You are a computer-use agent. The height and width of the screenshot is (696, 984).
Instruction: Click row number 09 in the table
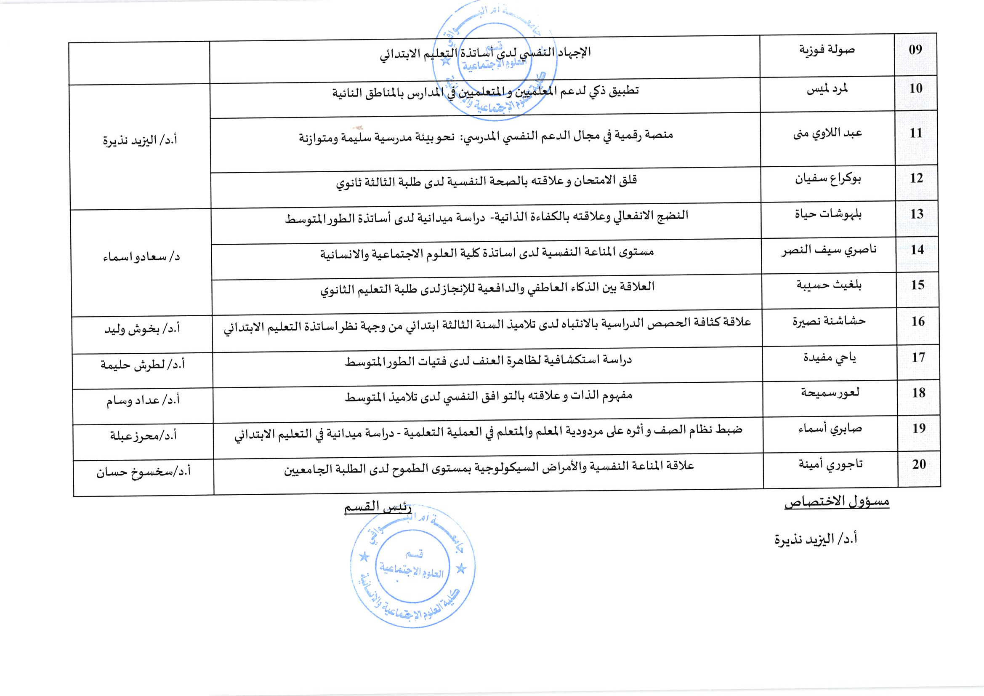tap(915, 49)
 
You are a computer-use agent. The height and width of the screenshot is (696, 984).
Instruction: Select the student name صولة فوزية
tap(827, 50)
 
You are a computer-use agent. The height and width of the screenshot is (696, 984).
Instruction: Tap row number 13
tap(917, 213)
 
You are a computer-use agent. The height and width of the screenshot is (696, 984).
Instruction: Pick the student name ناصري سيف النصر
tap(828, 250)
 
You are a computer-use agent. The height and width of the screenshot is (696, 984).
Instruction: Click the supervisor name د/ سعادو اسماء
tap(141, 257)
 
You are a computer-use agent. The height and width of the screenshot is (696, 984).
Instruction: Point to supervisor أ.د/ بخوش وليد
tap(142, 329)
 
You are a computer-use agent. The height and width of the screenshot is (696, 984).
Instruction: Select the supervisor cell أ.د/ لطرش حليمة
tap(142, 365)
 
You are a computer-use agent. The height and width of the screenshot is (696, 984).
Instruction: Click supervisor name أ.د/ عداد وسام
tap(143, 400)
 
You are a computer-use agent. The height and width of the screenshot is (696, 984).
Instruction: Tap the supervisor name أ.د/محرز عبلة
tap(143, 436)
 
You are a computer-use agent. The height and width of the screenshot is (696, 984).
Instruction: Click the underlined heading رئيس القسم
tap(378, 507)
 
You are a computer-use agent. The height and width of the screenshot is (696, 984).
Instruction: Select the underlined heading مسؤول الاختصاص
tap(837, 501)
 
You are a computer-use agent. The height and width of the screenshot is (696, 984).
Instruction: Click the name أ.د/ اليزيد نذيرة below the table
tap(816, 539)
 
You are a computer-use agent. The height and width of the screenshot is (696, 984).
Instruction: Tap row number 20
tap(919, 464)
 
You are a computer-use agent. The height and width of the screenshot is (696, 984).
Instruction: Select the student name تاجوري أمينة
tap(830, 464)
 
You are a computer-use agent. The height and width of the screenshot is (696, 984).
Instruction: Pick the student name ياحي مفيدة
tap(829, 357)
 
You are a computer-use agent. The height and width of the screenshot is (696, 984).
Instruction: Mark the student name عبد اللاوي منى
tap(827, 133)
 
